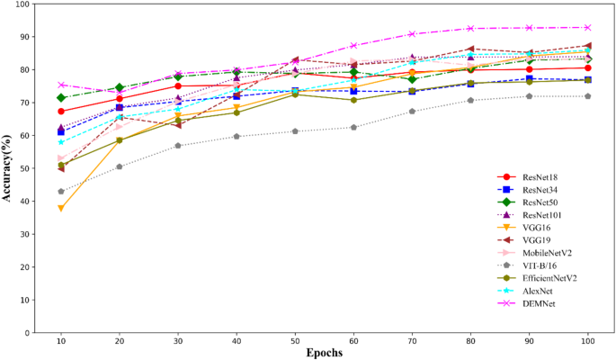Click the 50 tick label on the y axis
(x=21, y=169)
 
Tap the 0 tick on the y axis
(x=24, y=333)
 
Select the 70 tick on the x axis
(x=411, y=343)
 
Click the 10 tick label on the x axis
(x=60, y=343)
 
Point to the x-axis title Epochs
(x=324, y=354)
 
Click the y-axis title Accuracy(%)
(x=7, y=168)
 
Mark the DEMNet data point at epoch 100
(x=587, y=28)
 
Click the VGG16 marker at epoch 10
(x=60, y=208)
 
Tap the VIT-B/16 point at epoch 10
(x=60, y=192)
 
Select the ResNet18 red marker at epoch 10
(x=60, y=112)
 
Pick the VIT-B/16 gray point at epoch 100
(x=587, y=96)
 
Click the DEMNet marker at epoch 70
(x=411, y=34)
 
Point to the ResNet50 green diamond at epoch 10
(x=60, y=98)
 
